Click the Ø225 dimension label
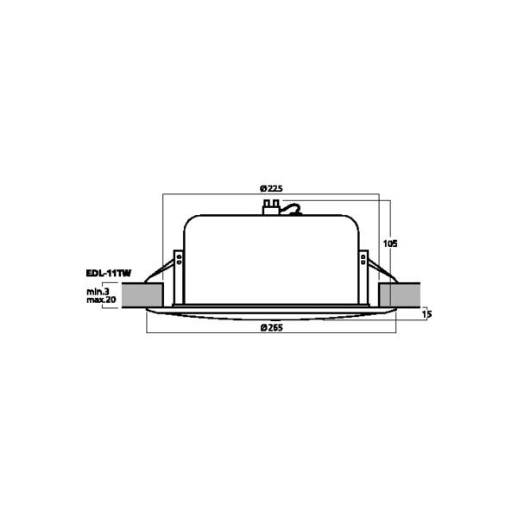[x=271, y=188]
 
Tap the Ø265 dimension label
[x=272, y=328]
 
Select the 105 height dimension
[x=390, y=243]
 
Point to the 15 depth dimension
[x=426, y=314]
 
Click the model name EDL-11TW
[x=109, y=273]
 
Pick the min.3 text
[x=98, y=292]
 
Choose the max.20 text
[x=101, y=300]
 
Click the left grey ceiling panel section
[x=142, y=294]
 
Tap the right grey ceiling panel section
[x=400, y=294]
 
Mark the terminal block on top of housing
[x=271, y=207]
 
